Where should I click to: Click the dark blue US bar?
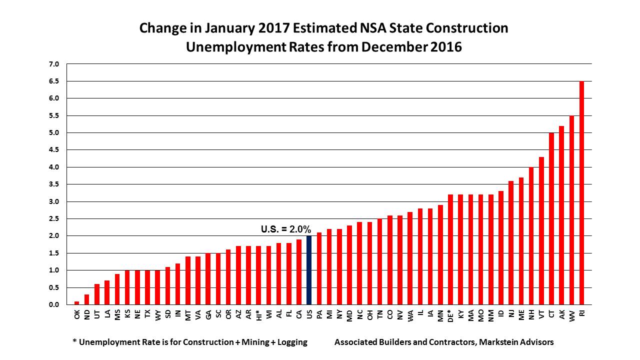click(x=308, y=270)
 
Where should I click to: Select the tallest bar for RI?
click(x=581, y=192)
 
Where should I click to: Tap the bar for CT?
click(x=551, y=218)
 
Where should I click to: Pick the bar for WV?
click(x=571, y=210)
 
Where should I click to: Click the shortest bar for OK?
click(x=76, y=303)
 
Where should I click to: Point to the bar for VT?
click(x=541, y=230)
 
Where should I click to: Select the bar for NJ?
click(x=511, y=242)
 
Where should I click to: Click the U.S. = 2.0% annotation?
click(x=286, y=229)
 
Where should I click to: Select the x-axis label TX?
click(x=147, y=313)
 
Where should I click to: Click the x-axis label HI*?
click(x=258, y=314)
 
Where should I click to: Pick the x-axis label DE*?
click(x=450, y=315)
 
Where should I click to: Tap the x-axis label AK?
click(x=562, y=313)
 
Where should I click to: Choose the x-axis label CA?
click(x=299, y=313)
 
